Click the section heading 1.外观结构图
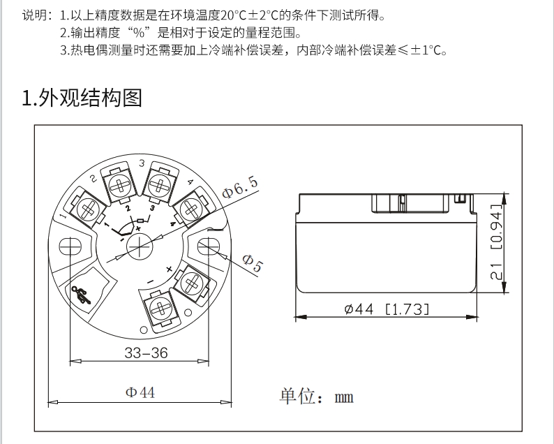pyautogui.click(x=82, y=98)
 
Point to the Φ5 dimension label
pyautogui.click(x=252, y=263)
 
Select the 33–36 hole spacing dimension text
pyautogui.click(x=146, y=353)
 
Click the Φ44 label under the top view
pyautogui.click(x=140, y=392)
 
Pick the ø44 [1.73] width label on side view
pyautogui.click(x=387, y=309)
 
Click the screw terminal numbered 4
pyautogui.click(x=188, y=207)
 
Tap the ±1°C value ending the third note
pyautogui.click(x=426, y=50)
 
